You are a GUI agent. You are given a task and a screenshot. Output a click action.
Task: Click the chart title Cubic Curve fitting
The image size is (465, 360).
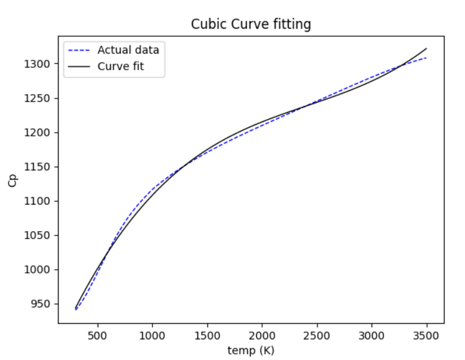pos(251,24)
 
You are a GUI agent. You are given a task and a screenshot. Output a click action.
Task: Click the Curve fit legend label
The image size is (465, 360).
pos(121,66)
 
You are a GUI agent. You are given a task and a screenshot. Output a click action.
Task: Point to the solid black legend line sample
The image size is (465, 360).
pos(80,66)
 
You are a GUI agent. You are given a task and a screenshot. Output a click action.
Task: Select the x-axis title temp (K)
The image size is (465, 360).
pos(251,350)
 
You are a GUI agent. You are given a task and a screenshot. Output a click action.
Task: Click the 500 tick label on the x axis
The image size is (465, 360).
pos(98,334)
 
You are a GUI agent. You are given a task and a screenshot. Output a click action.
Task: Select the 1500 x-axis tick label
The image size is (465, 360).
pos(207,334)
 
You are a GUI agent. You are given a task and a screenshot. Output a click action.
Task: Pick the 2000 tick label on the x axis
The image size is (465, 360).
pos(262,334)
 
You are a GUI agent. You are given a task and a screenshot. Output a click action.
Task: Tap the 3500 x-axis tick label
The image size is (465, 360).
pos(426,334)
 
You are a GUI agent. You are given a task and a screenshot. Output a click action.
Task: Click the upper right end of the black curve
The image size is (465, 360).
pos(426,49)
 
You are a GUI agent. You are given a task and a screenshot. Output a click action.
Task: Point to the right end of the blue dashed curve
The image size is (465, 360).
pos(426,58)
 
